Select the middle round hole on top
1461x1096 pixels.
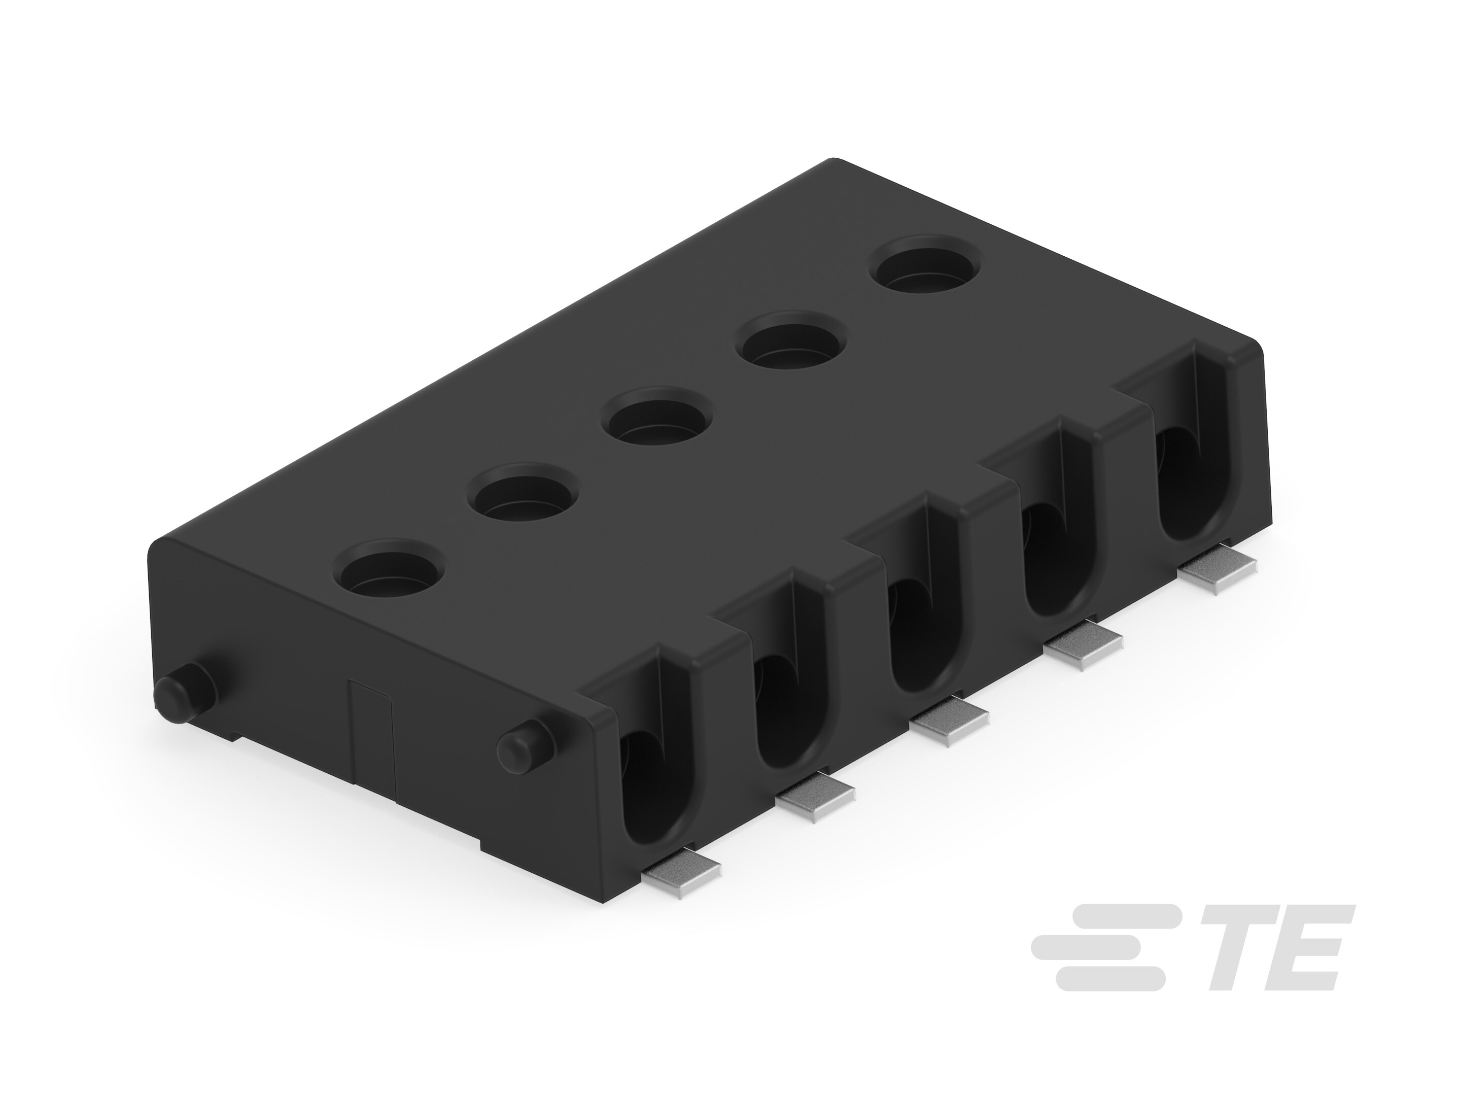pyautogui.click(x=656, y=418)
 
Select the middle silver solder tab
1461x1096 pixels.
pyautogui.click(x=949, y=722)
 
